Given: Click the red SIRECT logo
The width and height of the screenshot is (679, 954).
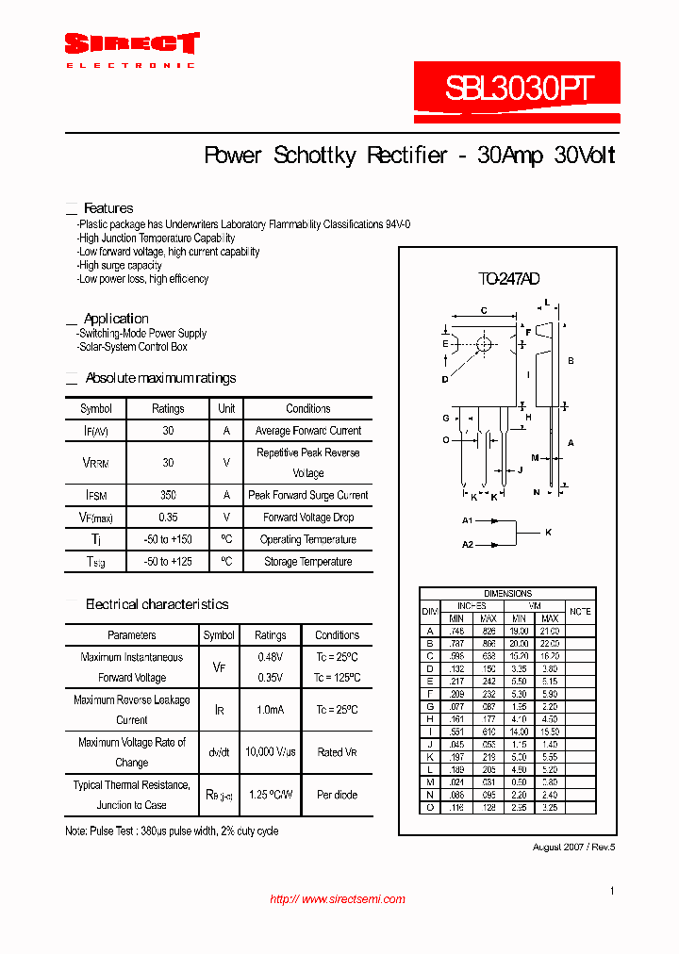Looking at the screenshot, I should [x=131, y=44].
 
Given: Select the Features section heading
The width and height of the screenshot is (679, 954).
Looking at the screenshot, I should [x=108, y=208].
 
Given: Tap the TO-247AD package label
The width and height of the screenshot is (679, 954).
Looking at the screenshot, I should [x=507, y=279].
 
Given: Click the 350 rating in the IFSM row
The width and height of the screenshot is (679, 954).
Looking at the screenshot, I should [x=168, y=495].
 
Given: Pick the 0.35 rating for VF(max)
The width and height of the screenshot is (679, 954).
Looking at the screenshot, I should [x=168, y=518].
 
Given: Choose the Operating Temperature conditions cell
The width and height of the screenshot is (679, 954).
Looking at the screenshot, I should [x=308, y=539].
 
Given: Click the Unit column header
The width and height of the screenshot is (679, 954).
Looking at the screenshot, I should [x=226, y=409].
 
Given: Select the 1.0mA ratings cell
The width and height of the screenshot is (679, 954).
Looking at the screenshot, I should [x=271, y=710].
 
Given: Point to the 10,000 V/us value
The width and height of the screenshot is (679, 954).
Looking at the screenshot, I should [x=271, y=752].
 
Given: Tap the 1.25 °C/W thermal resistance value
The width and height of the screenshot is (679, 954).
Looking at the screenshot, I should [x=271, y=795].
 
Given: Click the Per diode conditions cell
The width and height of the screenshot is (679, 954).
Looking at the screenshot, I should [x=337, y=795].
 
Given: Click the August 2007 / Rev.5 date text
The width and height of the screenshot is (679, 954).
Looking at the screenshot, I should [x=573, y=847].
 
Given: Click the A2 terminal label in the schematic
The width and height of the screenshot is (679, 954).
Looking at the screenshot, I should [x=467, y=544].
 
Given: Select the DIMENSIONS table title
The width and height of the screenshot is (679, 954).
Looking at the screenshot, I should [x=507, y=594].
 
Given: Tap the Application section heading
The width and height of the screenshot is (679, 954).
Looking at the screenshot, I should [x=116, y=319].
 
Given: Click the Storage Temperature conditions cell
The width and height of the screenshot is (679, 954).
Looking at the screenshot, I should [x=308, y=562].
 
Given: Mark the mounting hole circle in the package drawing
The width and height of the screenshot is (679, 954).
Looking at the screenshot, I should [x=484, y=345].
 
